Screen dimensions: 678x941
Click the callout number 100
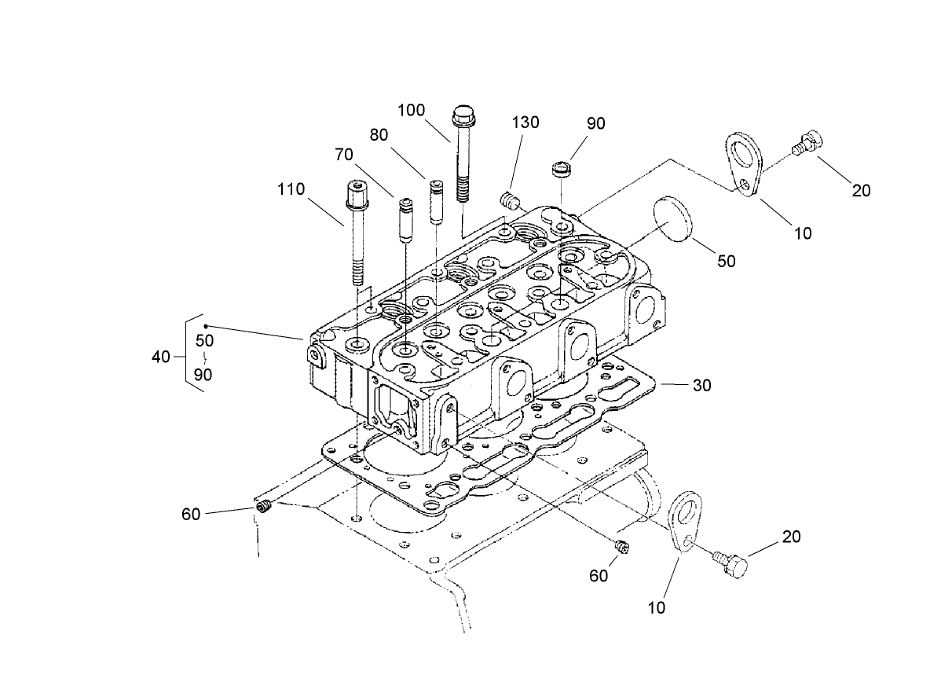click(412, 110)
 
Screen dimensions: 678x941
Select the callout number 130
click(525, 123)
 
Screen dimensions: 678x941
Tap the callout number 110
click(291, 189)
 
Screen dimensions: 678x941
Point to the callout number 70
click(344, 154)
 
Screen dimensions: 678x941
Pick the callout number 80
click(379, 134)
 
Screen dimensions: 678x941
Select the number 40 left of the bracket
click(161, 357)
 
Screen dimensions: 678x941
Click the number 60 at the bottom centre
click(599, 576)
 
